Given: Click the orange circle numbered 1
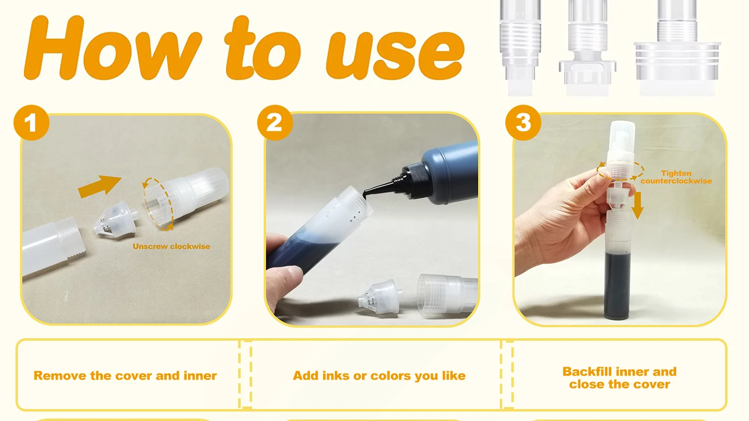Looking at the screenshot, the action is point(31,123).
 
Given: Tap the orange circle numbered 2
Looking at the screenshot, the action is point(275,123).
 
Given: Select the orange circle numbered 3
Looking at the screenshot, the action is point(523,123).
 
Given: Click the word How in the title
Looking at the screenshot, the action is point(112,47).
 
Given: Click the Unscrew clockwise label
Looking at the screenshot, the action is point(171,246).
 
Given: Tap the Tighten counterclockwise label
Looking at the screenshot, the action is point(676,177).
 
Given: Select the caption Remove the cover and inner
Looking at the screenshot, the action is point(125,376).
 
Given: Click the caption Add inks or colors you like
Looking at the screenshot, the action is point(379,376).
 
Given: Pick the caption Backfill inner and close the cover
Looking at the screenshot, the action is point(619,378).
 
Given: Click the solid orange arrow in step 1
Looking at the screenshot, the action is point(99,186).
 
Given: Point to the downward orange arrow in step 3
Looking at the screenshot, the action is point(638,206).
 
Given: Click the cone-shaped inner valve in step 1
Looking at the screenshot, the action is point(115,218).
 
